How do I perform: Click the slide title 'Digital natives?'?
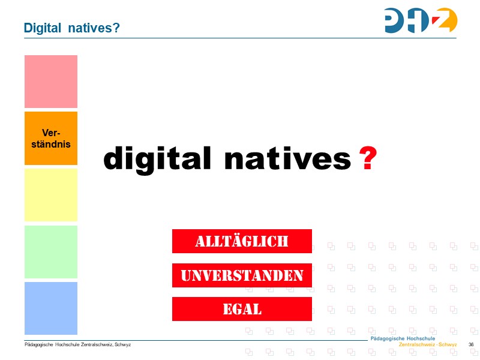click(x=71, y=28)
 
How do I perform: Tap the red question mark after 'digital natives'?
click(x=368, y=159)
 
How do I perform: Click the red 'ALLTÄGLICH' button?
click(x=242, y=241)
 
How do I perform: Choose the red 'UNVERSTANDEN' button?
click(x=242, y=275)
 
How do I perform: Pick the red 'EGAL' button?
click(x=242, y=309)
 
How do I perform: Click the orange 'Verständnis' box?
click(x=51, y=138)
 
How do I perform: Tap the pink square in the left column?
click(x=51, y=82)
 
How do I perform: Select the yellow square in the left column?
click(x=51, y=195)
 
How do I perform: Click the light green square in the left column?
click(x=51, y=251)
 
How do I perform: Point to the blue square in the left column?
click(x=51, y=308)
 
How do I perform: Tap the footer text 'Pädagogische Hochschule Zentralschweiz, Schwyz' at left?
click(x=77, y=345)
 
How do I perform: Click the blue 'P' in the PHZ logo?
click(x=395, y=20)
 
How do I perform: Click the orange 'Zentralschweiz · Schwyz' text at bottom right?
click(x=428, y=345)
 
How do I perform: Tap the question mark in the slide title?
click(x=116, y=28)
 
